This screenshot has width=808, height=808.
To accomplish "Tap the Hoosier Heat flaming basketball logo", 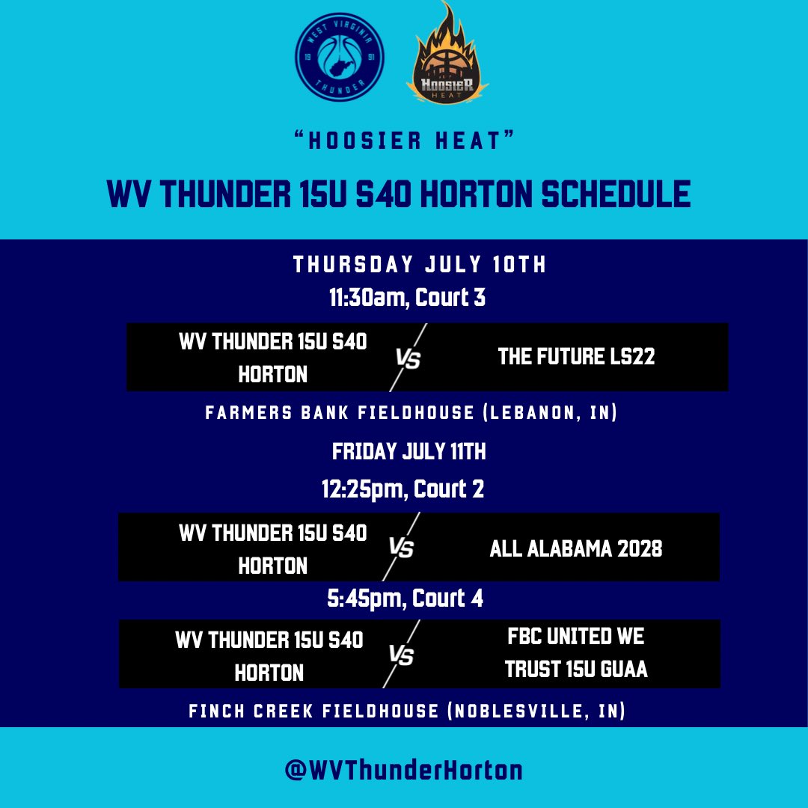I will pos(447,56).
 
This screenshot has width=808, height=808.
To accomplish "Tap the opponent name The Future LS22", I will pos(576,357).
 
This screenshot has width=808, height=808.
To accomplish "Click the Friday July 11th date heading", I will pos(409,451).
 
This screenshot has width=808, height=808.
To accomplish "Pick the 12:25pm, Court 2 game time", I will pos(403,489).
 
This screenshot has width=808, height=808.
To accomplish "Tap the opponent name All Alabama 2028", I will pos(576,548).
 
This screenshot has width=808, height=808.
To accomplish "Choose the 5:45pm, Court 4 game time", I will pos(404,599).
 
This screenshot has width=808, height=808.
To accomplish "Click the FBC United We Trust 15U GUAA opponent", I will pos(576,653).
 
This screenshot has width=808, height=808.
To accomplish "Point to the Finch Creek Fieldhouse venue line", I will pos(407,711).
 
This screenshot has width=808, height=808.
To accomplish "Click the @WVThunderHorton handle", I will pos(404,770).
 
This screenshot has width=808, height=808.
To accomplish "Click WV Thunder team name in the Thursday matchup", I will pos(273,358).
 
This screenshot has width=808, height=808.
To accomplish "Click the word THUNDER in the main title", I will pos(229,195).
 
